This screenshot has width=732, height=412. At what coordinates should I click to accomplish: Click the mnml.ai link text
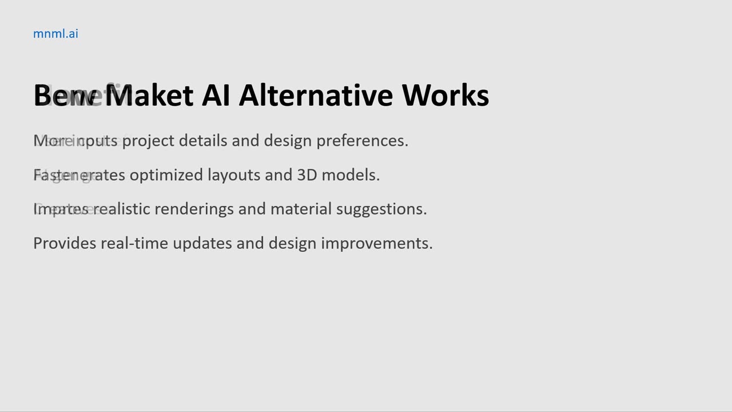click(x=55, y=34)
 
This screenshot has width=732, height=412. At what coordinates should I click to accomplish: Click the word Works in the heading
click(x=445, y=96)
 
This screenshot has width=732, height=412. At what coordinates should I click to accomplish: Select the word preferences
click(x=362, y=141)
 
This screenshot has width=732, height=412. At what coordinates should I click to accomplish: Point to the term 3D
click(x=307, y=175)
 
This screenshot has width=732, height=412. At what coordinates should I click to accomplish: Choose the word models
click(x=351, y=175)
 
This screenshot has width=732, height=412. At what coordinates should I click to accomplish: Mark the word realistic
click(x=122, y=209)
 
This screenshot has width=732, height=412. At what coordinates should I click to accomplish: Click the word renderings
click(x=194, y=209)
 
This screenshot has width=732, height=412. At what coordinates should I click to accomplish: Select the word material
click(x=301, y=209)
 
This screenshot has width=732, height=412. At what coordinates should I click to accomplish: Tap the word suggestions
click(x=381, y=209)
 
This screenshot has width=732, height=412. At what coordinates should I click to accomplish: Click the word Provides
click(x=65, y=243)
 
